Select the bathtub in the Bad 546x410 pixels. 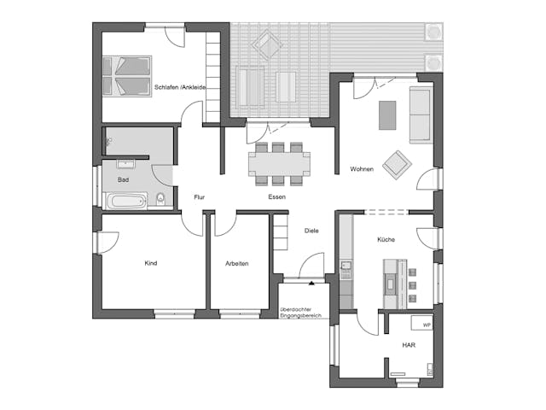point(125,201)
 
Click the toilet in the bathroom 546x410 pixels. point(161,201)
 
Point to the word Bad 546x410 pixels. point(123,180)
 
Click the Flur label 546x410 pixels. point(199,197)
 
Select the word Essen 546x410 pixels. point(276,197)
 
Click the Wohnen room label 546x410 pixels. point(362,169)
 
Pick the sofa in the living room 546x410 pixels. point(420,114)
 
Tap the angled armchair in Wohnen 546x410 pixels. point(397,163)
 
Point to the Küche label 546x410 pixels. point(386,240)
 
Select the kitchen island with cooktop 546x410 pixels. point(391,283)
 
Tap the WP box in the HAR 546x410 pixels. point(425,325)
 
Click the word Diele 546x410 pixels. point(311,231)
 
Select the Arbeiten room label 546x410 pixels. point(237,264)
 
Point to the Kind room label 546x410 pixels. point(151,263)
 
